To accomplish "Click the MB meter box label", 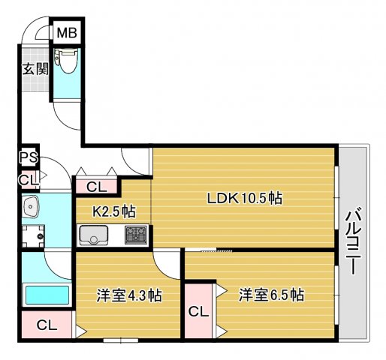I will pos(68,34).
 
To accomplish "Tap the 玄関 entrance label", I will pos(34,70).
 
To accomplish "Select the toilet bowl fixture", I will pos(67,63).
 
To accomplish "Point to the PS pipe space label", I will pos(29,157).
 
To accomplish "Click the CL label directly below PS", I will pos(28,180).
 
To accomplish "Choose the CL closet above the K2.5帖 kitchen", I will pos(95,187).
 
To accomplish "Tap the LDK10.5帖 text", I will pos(245,199).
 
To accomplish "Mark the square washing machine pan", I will pos(32,238).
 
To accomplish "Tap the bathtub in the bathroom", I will pos(47,293).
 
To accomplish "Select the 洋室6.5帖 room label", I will pos(271,295).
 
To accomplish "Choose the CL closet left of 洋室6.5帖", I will pos(198,311).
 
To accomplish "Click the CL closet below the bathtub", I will pos(47,325).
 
